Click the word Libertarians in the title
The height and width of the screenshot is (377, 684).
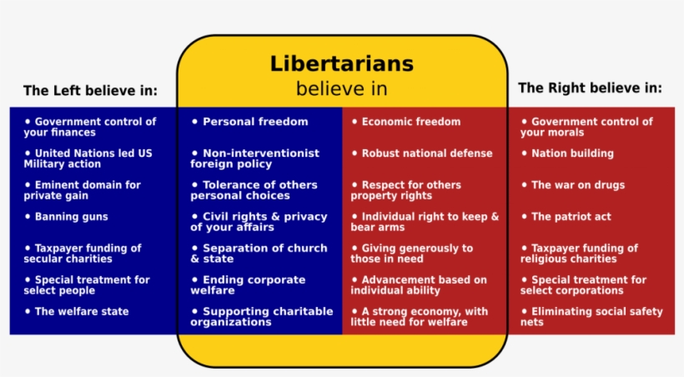pos(341,64)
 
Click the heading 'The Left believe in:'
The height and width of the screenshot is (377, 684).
pos(90,91)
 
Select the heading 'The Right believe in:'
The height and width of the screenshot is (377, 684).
pos(590,88)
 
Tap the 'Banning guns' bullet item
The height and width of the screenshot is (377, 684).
pos(71,217)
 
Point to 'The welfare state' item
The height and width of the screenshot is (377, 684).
pos(81,311)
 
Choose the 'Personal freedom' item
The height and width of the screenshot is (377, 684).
pos(254,122)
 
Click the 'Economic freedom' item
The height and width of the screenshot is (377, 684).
pos(410,122)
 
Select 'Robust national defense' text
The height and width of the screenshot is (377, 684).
pos(426,153)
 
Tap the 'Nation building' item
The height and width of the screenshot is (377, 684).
pos(571,153)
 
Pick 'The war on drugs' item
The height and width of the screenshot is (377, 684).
pos(577,185)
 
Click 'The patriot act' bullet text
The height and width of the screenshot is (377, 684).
pos(571,217)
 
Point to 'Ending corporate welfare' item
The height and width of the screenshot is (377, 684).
pos(248,285)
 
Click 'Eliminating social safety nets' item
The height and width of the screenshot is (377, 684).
pos(591,317)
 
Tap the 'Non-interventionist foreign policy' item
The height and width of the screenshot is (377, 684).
pos(254,158)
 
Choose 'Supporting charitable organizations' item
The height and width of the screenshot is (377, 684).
pos(261,317)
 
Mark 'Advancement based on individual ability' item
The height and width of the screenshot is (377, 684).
pos(419,285)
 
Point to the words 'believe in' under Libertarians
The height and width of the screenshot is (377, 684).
pos(341,88)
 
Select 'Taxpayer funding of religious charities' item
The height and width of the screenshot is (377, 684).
pos(579,254)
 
